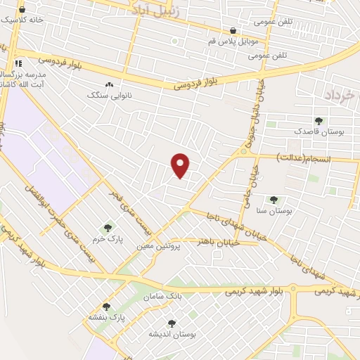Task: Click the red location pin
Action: [x=181, y=165]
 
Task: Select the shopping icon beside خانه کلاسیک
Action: [x=22, y=11]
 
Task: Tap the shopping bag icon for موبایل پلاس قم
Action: [x=233, y=31]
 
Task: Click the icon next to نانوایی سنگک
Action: [x=109, y=84]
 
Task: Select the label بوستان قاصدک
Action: [x=319, y=131]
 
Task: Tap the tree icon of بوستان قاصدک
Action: [x=319, y=121]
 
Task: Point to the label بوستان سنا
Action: [x=274, y=210]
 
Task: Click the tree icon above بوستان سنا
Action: [x=274, y=200]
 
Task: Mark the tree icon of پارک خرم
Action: [x=108, y=228]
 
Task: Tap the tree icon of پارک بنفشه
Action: [x=107, y=307]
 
